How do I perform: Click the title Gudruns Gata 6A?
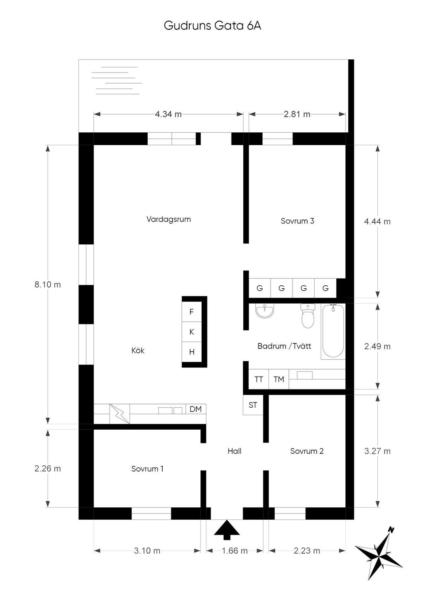[x=212, y=26]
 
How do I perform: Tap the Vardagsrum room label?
[x=169, y=219]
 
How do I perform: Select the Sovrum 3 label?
[x=297, y=221]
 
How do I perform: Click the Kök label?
[x=138, y=350]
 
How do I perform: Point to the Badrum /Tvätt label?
[x=284, y=346]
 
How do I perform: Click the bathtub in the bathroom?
[x=333, y=331]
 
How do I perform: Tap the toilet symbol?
[x=308, y=316]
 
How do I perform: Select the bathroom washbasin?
[x=264, y=311]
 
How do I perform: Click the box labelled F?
[x=192, y=312]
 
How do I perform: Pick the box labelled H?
[x=192, y=352]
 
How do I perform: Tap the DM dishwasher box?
[x=195, y=409]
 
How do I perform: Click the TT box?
[x=259, y=379]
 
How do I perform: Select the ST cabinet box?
[x=253, y=405]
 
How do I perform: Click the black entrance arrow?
[x=227, y=530]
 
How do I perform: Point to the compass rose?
[x=379, y=554]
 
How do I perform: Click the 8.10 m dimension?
[x=47, y=285]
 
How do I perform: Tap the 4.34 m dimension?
[x=168, y=114]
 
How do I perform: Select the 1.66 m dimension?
[x=234, y=551]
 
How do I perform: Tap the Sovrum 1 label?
[x=147, y=469]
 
